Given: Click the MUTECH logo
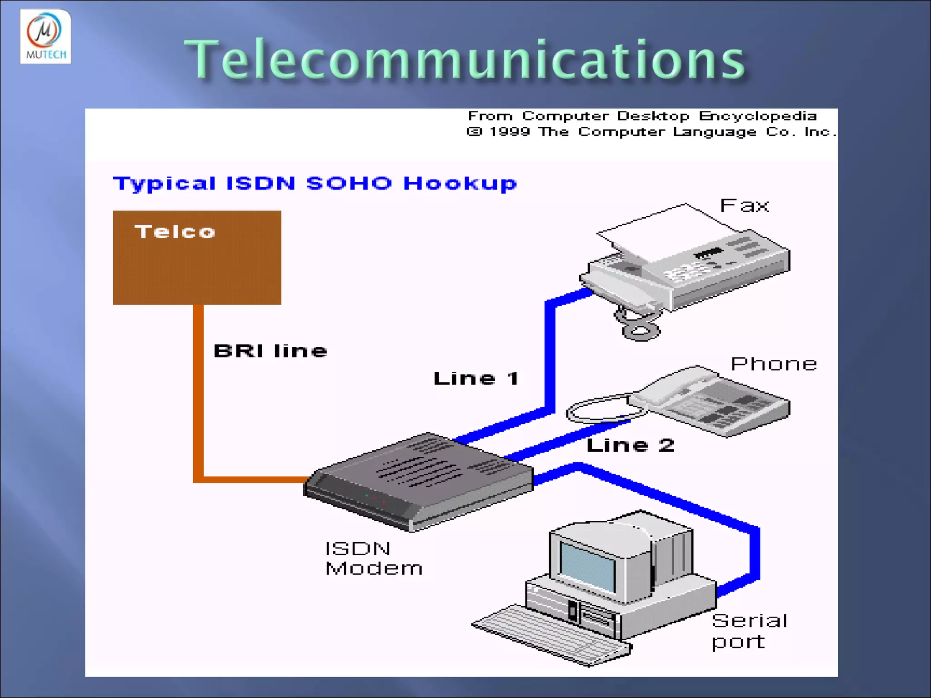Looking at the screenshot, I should pos(45,36).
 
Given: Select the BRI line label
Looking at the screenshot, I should pos(270,351).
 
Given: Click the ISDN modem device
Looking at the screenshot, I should pos(418,482).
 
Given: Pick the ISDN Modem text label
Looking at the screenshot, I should pos(374,558).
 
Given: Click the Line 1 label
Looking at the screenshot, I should pos(476,378).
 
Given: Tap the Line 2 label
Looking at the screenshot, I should pos(630,445).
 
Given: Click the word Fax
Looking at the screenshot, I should pos(744,206).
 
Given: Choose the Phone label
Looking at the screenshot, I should pos(774,364).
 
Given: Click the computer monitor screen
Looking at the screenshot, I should pos(587,566).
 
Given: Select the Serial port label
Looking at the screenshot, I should pos(749,631).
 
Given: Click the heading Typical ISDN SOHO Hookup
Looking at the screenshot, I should pos(315,184).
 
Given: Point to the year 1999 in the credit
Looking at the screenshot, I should pos(510,132).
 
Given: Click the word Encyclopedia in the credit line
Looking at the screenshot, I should pos(757,116).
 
